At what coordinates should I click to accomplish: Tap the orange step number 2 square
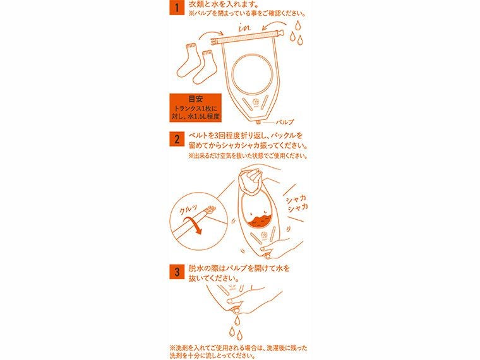(x=177, y=140)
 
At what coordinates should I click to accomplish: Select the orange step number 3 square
(x=177, y=272)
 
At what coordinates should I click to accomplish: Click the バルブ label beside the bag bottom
(x=286, y=121)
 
